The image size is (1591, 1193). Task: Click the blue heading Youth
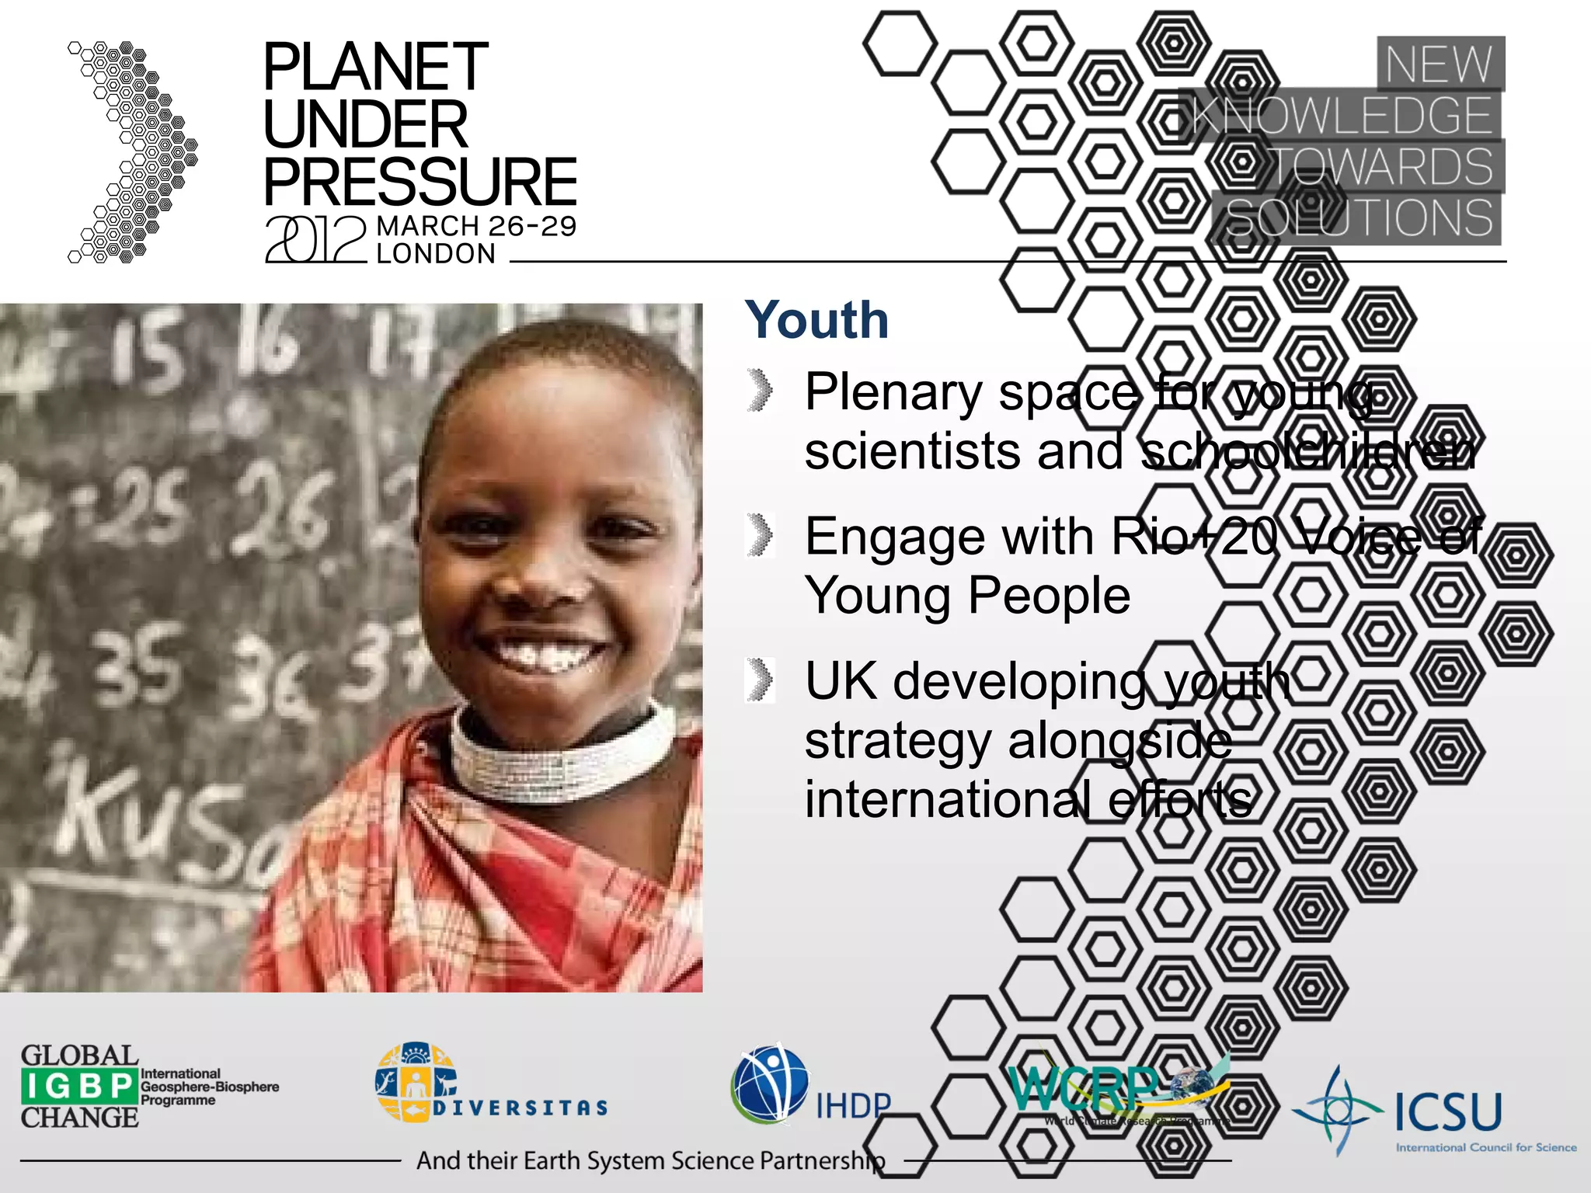pyautogui.click(x=816, y=320)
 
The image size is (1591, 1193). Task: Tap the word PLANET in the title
pyautogui.click(x=375, y=68)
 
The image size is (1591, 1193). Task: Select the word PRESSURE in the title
pyautogui.click(x=420, y=182)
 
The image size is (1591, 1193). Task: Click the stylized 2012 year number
pyautogui.click(x=315, y=240)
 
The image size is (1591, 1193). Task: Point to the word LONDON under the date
pyautogui.click(x=436, y=254)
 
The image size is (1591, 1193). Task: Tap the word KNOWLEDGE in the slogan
pyautogui.click(x=1341, y=116)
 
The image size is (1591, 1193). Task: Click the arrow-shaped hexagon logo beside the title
pyautogui.click(x=132, y=152)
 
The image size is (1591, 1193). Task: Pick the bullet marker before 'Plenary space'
pyautogui.click(x=761, y=390)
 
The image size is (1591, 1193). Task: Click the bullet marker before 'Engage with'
pyautogui.click(x=761, y=535)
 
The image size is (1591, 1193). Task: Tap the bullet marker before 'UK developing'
pyautogui.click(x=761, y=680)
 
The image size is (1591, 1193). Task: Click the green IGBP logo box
pyautogui.click(x=79, y=1086)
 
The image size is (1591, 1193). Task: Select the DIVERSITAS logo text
pyautogui.click(x=520, y=1108)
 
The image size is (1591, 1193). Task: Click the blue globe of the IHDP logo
pyautogui.click(x=769, y=1084)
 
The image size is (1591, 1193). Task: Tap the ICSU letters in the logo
pyautogui.click(x=1448, y=1111)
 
